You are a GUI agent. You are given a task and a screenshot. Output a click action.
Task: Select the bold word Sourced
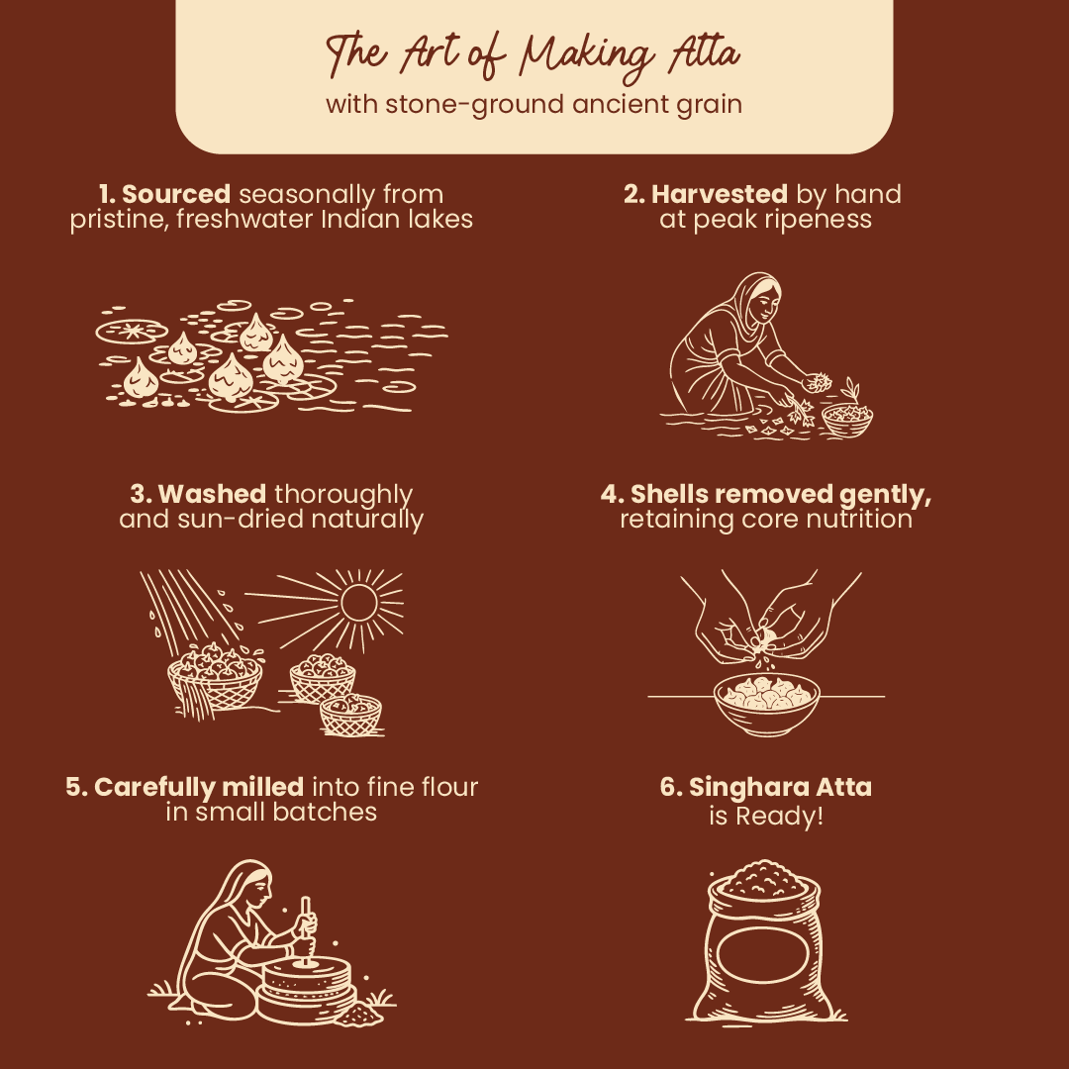(176, 194)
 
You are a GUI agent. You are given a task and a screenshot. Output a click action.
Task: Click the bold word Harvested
(720, 194)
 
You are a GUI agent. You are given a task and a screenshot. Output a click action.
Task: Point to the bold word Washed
(212, 494)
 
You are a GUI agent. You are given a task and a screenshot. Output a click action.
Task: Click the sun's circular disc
(358, 602)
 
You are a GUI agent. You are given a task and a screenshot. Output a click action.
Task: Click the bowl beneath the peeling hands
(767, 705)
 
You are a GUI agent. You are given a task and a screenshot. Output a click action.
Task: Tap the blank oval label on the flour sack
(762, 954)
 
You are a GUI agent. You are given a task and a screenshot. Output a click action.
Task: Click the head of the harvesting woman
(759, 299)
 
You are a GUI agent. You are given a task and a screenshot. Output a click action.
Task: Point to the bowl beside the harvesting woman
(846, 420)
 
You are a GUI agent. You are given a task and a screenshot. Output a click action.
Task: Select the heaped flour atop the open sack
(762, 880)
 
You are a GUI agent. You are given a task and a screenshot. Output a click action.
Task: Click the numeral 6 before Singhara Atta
(668, 788)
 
